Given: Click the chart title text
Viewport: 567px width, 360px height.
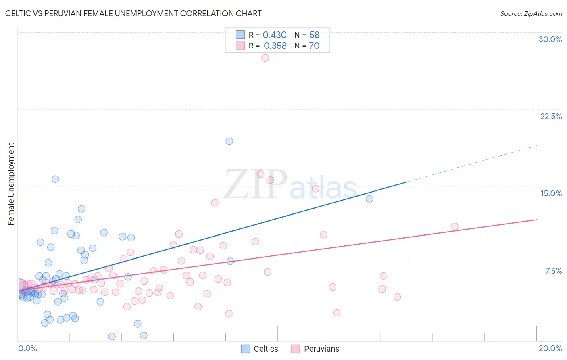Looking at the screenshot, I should (133, 13).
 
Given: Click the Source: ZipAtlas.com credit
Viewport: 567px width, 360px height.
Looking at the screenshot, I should (531, 13).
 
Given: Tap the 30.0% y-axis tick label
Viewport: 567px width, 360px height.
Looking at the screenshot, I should (550, 39).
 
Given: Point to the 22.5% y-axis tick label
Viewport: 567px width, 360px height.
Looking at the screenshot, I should (551, 116).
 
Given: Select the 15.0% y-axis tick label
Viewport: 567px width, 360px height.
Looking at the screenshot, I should (551, 193).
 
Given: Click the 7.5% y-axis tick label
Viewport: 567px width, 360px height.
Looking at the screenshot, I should (553, 271).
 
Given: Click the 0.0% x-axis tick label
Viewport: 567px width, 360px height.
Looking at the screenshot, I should (27, 348).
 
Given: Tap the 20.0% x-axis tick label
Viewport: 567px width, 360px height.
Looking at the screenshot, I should (550, 348).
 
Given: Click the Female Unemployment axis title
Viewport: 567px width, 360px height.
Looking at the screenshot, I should (11, 184).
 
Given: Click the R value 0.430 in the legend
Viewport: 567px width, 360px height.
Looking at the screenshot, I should (275, 35).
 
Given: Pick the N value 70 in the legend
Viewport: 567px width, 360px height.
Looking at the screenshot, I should (314, 46).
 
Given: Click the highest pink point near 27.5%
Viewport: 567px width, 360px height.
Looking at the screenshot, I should (265, 58).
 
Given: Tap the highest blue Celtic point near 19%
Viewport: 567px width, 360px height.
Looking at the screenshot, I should (229, 141).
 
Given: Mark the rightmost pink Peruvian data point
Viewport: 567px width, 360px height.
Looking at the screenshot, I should (454, 226).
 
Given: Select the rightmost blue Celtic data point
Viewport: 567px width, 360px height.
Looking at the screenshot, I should (369, 199).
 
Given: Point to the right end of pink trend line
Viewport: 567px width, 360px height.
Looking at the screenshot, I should (536, 220).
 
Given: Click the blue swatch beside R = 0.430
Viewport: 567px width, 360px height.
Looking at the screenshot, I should (240, 35).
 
